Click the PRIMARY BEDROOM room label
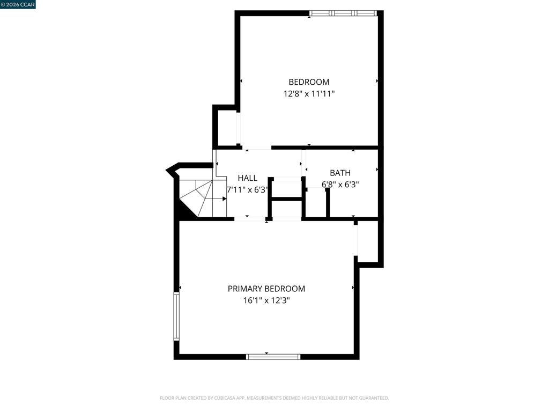point(266,289)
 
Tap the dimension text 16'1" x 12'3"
point(266,300)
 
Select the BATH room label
point(340,173)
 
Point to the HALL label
point(248,178)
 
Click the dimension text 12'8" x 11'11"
point(309,94)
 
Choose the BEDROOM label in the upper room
point(309,82)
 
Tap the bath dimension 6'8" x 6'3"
point(340,185)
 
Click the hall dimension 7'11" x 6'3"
point(248,190)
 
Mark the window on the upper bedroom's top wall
point(343,13)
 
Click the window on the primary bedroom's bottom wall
point(273,357)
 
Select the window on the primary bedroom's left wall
point(176,317)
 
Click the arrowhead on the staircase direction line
point(225,199)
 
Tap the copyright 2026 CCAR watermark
point(18,4)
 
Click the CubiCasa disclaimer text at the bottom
point(274,398)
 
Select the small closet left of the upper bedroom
point(227,128)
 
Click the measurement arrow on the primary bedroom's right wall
point(353,288)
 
